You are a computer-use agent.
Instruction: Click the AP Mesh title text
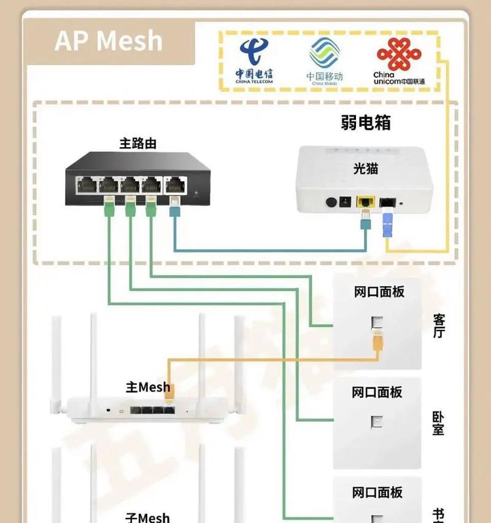(109, 41)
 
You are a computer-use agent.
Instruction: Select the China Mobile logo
(324, 60)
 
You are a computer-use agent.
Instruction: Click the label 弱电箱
(366, 123)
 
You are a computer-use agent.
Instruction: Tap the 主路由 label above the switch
(137, 144)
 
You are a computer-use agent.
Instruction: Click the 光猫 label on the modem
(365, 169)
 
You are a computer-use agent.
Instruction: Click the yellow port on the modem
(366, 201)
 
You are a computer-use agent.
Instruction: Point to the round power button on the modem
(332, 202)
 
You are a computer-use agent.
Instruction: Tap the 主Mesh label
(148, 387)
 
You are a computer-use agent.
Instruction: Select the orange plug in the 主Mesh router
(170, 391)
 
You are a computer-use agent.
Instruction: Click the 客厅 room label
(438, 326)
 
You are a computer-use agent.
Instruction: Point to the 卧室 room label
(438, 422)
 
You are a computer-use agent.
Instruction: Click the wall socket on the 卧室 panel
(376, 422)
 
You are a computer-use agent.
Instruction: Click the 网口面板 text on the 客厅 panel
(379, 292)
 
